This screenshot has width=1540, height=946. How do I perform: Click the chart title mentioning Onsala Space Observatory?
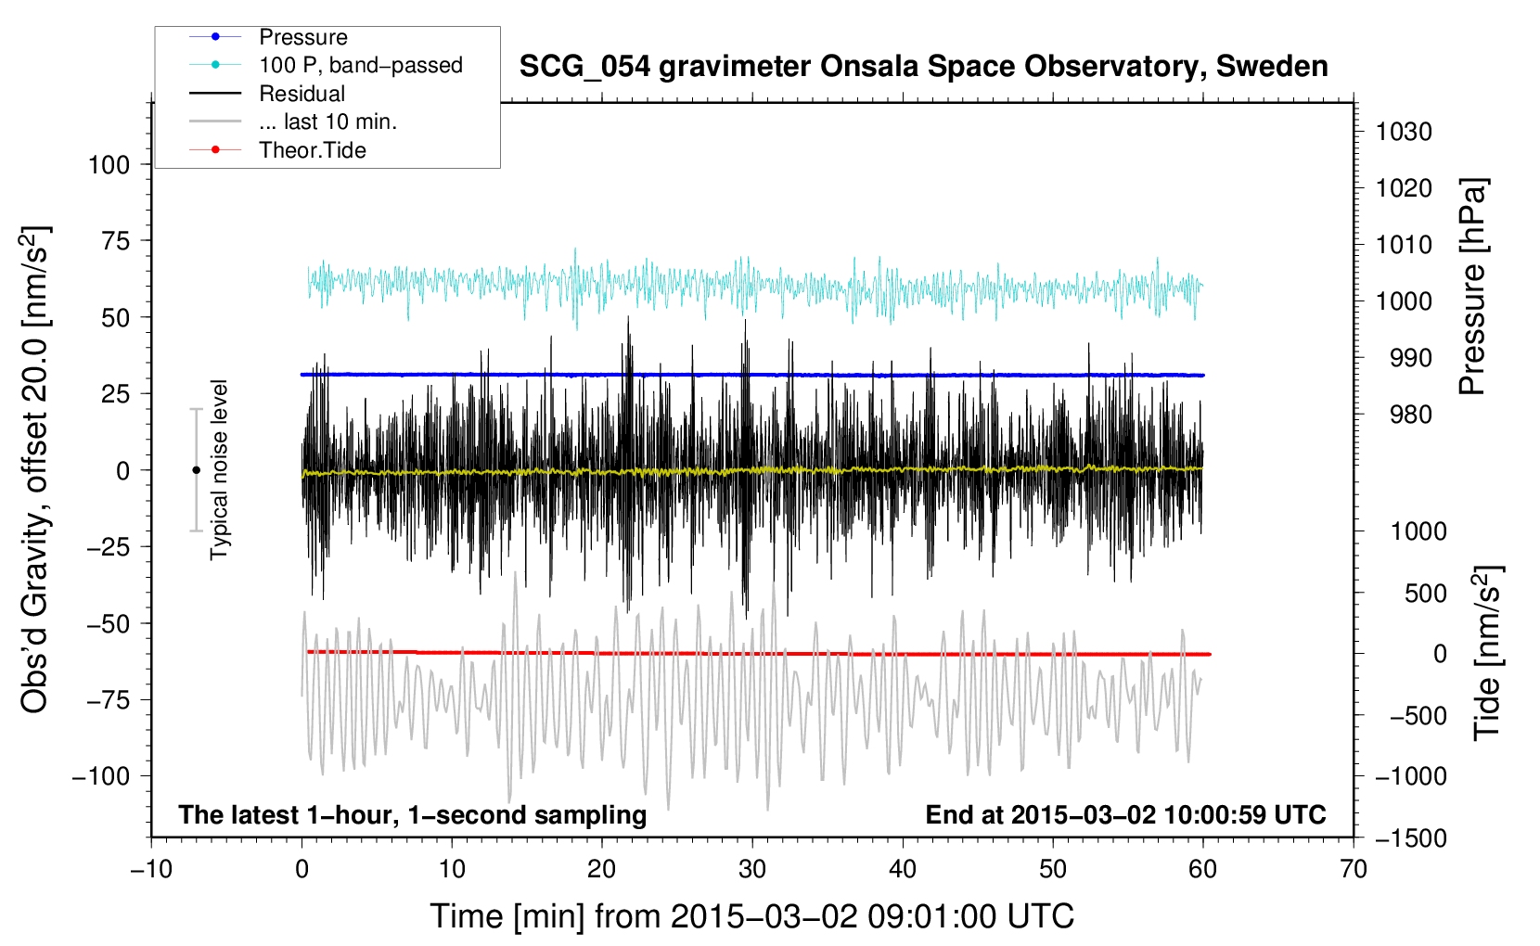click(923, 67)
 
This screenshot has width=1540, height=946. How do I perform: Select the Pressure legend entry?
click(302, 37)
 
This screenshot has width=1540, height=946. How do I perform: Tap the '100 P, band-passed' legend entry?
click(360, 65)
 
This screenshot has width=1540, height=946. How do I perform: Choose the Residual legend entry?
click(302, 94)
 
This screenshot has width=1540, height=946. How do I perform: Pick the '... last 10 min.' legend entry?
click(327, 121)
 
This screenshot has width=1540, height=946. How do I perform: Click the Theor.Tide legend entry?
click(312, 150)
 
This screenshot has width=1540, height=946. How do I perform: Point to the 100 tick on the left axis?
click(109, 165)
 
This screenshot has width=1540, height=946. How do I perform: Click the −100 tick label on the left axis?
click(101, 776)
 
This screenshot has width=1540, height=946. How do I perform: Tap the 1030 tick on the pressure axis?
click(1404, 132)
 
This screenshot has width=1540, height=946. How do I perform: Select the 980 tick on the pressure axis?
click(1410, 415)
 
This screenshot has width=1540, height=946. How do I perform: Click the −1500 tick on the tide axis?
click(1411, 838)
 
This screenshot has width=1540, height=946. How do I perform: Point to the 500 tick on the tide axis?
click(1425, 594)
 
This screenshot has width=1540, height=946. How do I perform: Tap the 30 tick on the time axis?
click(752, 869)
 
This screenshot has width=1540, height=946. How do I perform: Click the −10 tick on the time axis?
click(151, 869)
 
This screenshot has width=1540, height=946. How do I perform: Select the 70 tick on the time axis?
click(1354, 869)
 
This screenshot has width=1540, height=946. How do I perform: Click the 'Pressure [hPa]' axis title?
click(1473, 287)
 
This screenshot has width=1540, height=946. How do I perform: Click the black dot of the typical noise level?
click(196, 470)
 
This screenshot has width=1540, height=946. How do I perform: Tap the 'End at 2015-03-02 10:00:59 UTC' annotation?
click(1125, 815)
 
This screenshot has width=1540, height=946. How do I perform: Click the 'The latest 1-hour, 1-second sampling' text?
click(413, 815)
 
